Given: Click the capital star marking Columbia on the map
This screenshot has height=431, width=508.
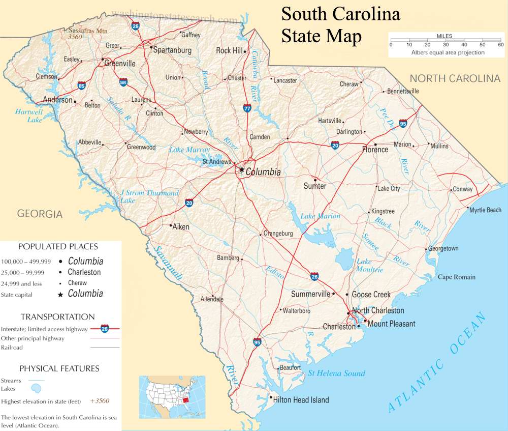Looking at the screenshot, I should click(x=242, y=170).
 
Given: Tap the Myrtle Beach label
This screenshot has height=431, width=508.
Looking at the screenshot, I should click(x=485, y=210).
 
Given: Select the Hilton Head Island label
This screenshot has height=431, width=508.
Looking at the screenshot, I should click(x=301, y=400).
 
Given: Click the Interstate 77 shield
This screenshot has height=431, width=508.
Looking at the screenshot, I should click(x=247, y=108).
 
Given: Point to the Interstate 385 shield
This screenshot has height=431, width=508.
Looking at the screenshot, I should click(x=123, y=81).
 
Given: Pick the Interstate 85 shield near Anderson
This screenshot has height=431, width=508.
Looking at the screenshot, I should click(x=82, y=86).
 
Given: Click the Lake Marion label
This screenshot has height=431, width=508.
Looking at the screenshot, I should click(x=320, y=216).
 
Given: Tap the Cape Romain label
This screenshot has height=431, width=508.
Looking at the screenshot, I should click(x=457, y=277).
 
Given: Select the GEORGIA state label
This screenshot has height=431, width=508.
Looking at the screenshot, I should click(x=40, y=214).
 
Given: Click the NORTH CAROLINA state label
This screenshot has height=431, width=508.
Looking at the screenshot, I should click(x=455, y=78).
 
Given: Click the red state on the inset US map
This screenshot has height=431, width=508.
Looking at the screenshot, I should click(x=186, y=400).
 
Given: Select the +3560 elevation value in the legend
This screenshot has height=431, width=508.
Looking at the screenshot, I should click(x=100, y=401).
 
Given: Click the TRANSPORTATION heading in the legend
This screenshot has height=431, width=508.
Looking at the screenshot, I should click(x=57, y=317).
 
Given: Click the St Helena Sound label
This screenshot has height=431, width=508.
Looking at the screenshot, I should click(x=336, y=373).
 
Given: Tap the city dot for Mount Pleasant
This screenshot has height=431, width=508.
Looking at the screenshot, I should click(x=365, y=321).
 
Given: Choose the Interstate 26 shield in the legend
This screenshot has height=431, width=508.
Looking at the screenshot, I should click(x=105, y=328).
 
